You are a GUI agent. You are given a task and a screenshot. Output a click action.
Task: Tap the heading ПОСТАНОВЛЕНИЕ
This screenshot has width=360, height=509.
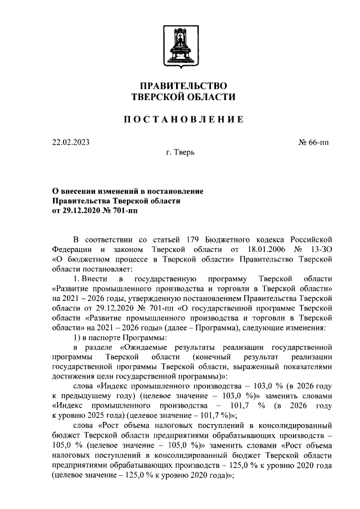(183, 119)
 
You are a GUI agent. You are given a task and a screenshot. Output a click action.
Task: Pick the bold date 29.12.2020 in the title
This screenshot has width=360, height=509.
(84, 211)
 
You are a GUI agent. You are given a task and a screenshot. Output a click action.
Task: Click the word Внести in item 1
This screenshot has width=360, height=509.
(93, 279)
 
